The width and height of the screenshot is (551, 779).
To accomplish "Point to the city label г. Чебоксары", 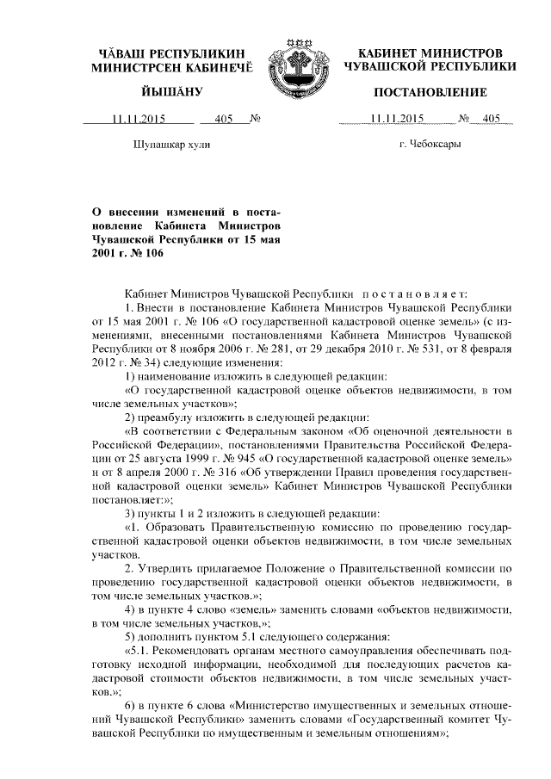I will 430,145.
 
